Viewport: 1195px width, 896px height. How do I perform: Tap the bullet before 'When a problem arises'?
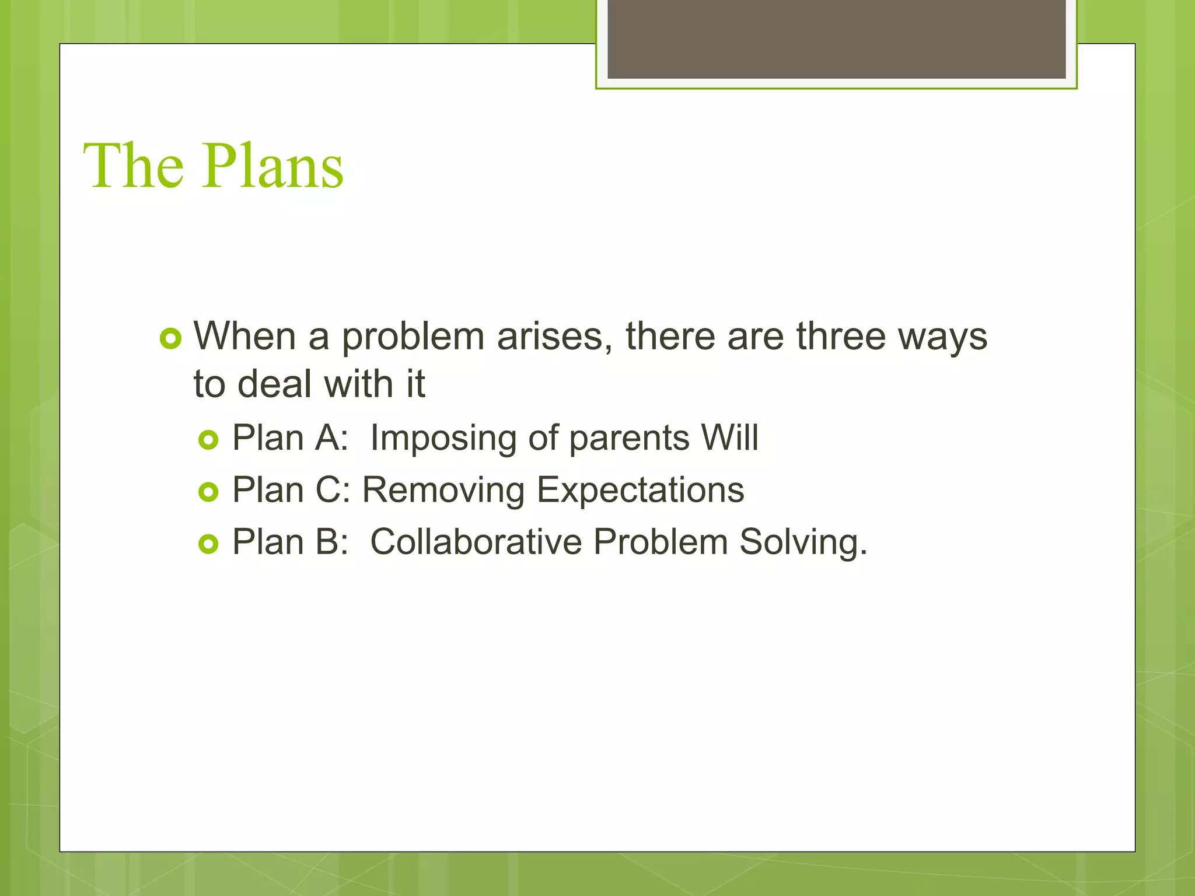[170, 338]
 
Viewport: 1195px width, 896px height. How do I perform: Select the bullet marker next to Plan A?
[208, 440]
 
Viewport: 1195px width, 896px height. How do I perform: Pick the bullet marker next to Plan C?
[208, 492]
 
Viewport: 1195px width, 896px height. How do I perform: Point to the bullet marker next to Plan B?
[208, 544]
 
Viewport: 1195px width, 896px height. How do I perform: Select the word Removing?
[443, 490]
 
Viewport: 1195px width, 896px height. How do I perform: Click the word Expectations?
[640, 490]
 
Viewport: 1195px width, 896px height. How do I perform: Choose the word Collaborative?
[476, 542]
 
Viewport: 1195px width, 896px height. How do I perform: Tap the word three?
[841, 337]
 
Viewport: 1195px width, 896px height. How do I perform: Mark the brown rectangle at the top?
[836, 38]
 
